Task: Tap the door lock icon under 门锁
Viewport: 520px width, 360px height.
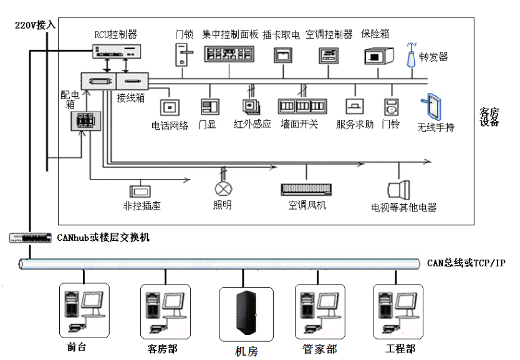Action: coord(182,55)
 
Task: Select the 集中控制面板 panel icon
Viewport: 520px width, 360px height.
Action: coord(229,54)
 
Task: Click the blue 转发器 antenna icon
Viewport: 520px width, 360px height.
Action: coord(411,56)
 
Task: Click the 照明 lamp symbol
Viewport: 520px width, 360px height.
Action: coord(223,189)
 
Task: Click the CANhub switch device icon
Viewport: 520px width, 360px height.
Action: coord(30,238)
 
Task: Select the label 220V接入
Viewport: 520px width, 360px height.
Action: coord(35,25)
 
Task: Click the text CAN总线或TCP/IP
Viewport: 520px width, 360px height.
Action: coord(466,263)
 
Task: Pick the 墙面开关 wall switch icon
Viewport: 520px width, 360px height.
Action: coord(302,105)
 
